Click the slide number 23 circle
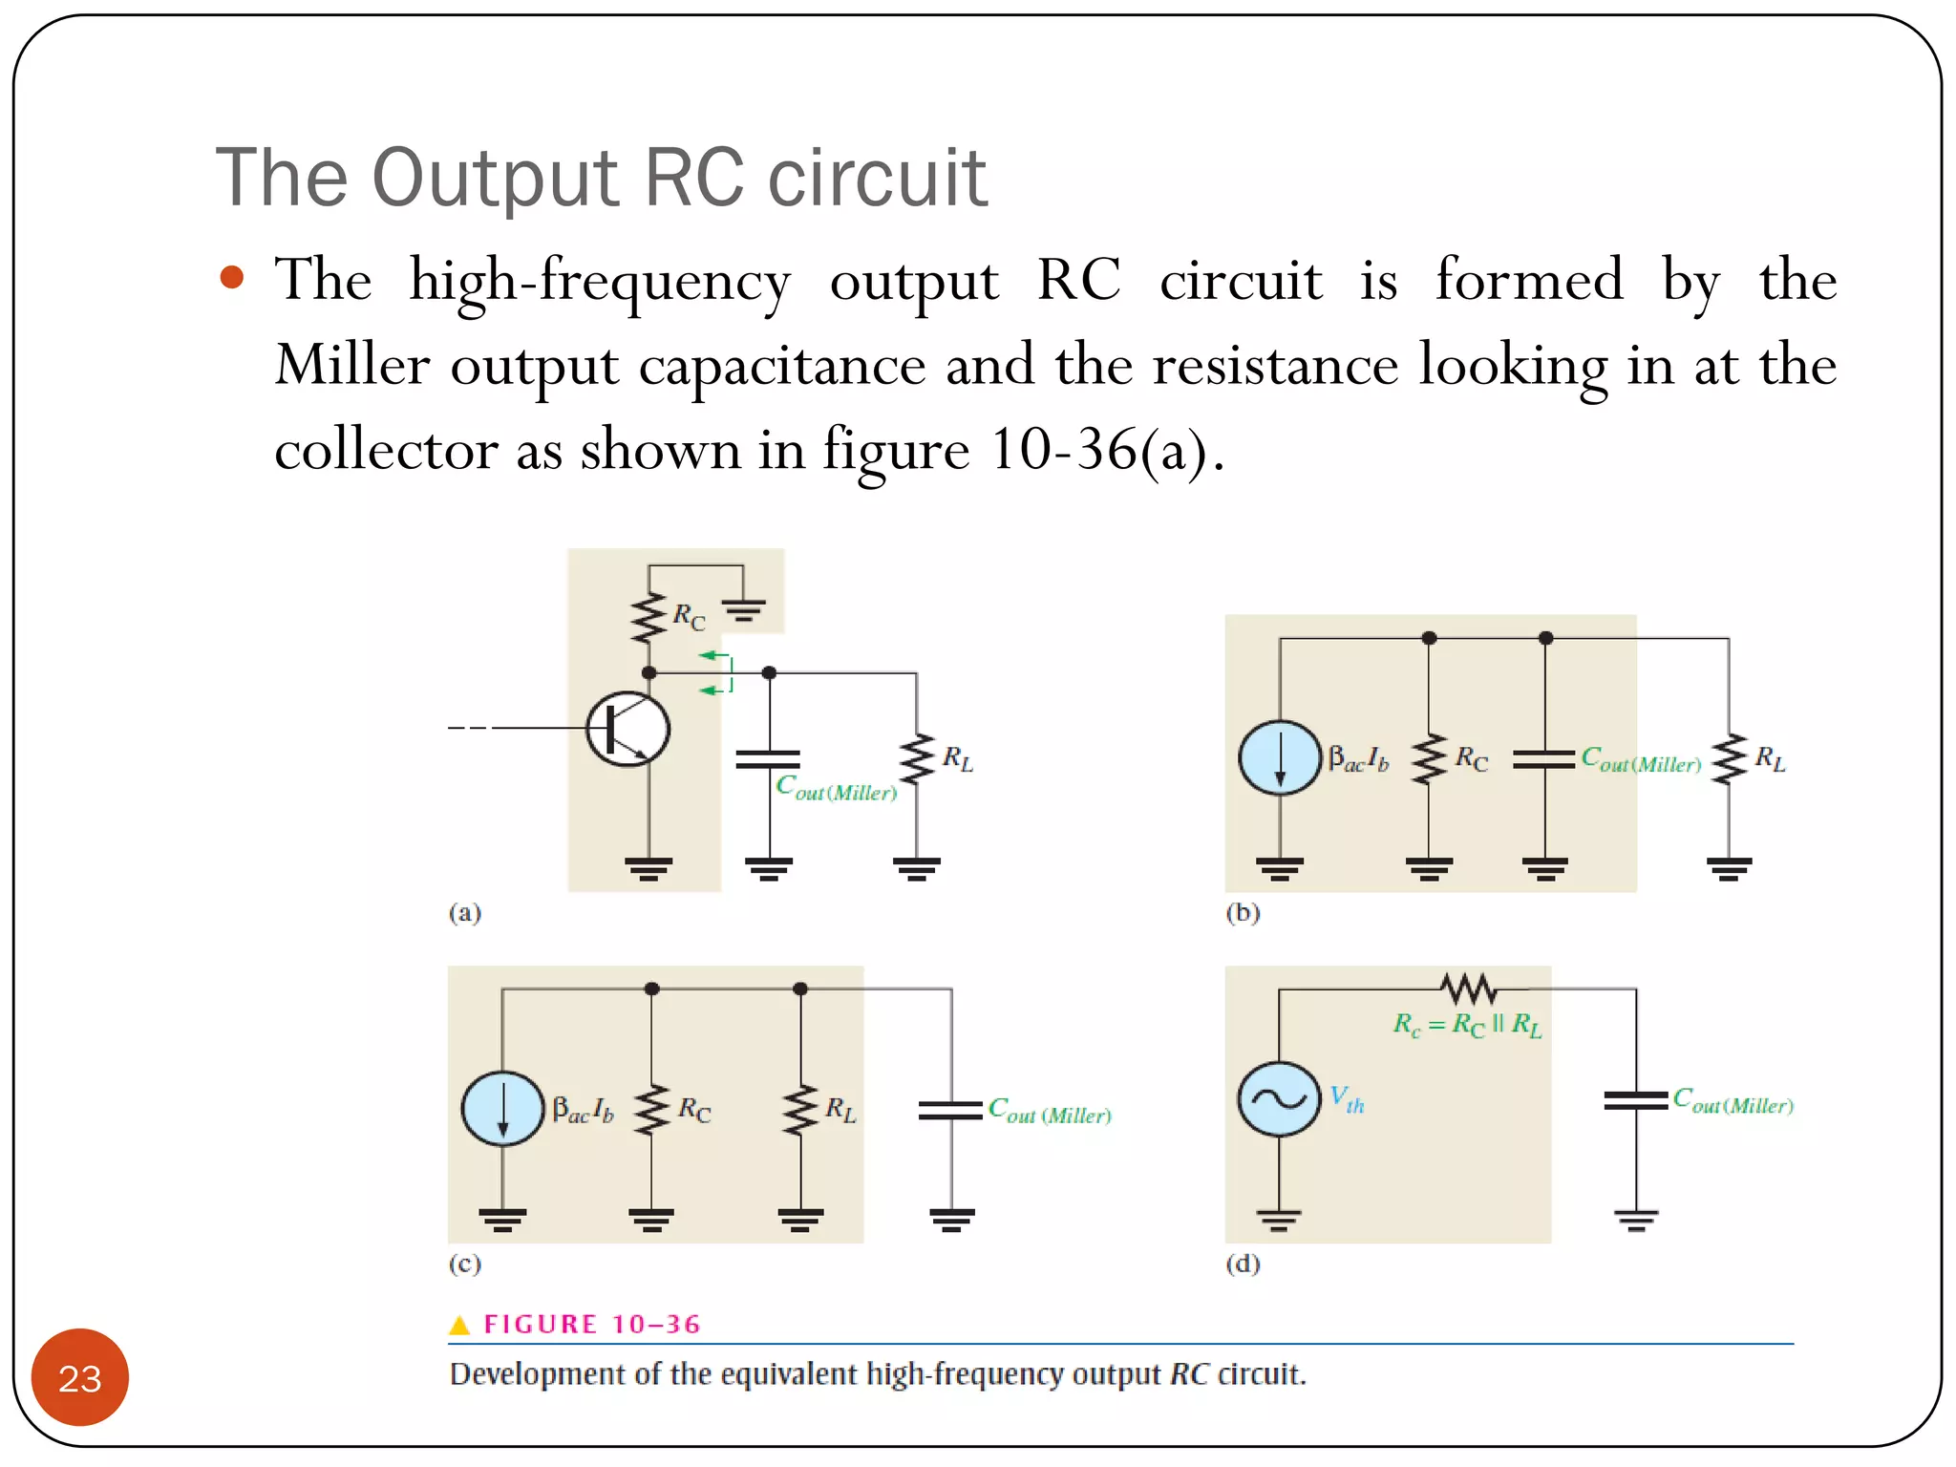point(79,1376)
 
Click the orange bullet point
point(231,278)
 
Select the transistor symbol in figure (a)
point(627,729)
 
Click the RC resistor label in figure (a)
point(688,617)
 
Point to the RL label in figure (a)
point(957,759)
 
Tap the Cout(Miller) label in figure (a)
point(836,789)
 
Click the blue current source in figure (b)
point(1279,757)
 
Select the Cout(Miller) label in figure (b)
point(1640,760)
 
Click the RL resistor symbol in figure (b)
point(1728,759)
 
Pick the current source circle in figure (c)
point(502,1108)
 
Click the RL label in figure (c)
point(840,1110)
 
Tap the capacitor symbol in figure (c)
point(950,1110)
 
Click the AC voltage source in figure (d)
point(1279,1098)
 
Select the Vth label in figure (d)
point(1347,1099)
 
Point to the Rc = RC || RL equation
point(1467,1025)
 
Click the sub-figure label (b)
point(1243,912)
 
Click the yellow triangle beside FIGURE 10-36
point(459,1325)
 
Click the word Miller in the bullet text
point(351,365)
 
